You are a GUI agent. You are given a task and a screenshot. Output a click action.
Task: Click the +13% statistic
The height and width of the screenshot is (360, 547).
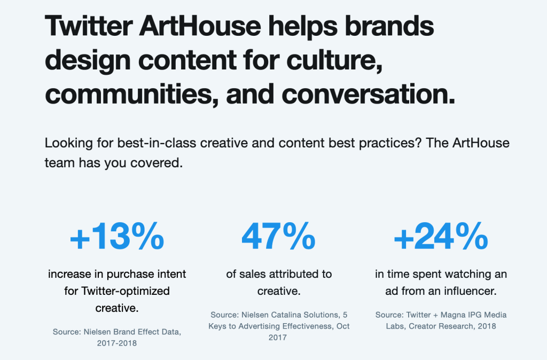point(117,236)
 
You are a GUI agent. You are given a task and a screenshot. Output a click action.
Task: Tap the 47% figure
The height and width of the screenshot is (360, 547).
point(278,236)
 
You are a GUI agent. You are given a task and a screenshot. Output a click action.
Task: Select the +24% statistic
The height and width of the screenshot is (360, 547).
point(441,236)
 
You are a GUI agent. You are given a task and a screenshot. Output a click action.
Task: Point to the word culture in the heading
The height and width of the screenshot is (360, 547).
point(334,60)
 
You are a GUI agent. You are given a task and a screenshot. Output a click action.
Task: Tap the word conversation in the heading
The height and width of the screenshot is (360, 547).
point(369,94)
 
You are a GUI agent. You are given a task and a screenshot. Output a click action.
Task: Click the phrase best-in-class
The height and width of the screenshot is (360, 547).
point(157,143)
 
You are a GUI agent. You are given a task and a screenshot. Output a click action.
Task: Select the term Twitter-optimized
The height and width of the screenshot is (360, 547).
point(125,291)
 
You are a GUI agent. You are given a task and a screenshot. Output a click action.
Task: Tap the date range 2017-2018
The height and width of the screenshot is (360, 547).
point(117,343)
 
